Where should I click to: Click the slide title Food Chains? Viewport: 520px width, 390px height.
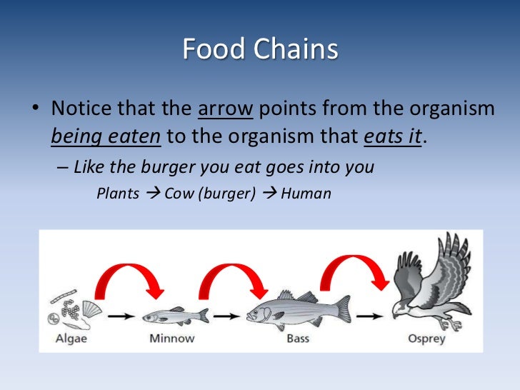click(x=259, y=50)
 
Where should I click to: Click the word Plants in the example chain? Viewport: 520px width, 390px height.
click(x=118, y=194)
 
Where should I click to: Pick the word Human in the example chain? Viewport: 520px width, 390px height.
click(x=306, y=194)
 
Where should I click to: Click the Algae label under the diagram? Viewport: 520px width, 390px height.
click(x=71, y=338)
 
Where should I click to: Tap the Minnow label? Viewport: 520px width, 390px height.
click(x=172, y=338)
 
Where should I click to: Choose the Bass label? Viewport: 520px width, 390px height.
click(x=297, y=338)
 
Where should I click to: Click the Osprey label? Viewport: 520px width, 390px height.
click(x=427, y=338)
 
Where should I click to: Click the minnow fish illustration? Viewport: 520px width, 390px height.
click(x=175, y=315)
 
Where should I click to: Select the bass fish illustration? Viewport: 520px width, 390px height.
click(x=299, y=309)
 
